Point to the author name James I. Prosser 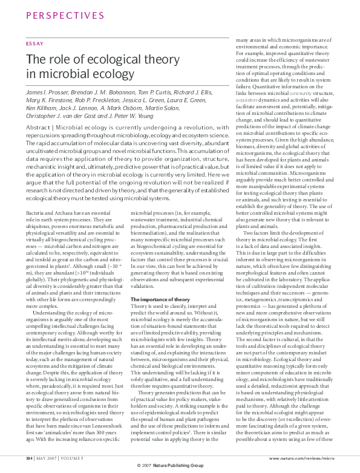47,91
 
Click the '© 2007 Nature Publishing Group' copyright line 180,465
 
